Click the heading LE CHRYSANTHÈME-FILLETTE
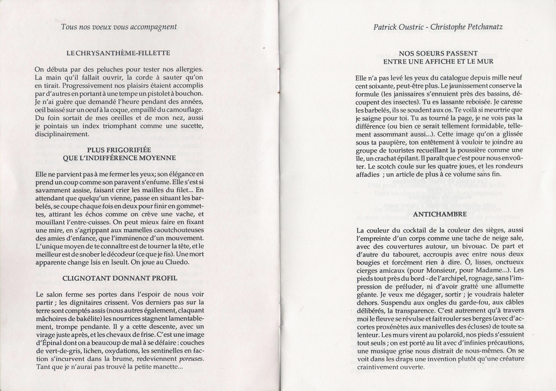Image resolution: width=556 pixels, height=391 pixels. coord(118,53)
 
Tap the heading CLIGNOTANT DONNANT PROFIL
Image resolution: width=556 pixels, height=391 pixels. coord(120,278)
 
